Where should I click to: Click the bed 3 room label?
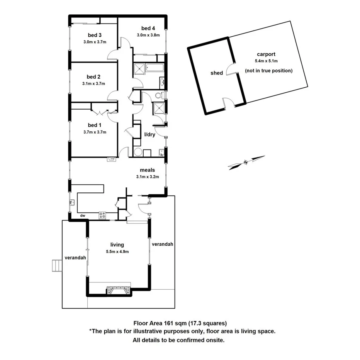92,36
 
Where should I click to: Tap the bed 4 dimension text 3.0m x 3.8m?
148,35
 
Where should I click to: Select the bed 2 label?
93,76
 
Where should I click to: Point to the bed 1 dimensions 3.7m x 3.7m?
94,132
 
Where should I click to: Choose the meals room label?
147,170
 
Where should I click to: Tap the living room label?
117,245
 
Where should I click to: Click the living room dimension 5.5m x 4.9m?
117,251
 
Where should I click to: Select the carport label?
266,54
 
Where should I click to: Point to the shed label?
217,73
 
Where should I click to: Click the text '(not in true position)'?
269,71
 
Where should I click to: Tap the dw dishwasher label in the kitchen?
83,216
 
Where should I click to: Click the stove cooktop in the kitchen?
102,215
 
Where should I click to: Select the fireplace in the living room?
119,289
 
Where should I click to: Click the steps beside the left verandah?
57,265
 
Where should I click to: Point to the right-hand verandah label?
162,244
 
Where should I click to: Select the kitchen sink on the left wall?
72,202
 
